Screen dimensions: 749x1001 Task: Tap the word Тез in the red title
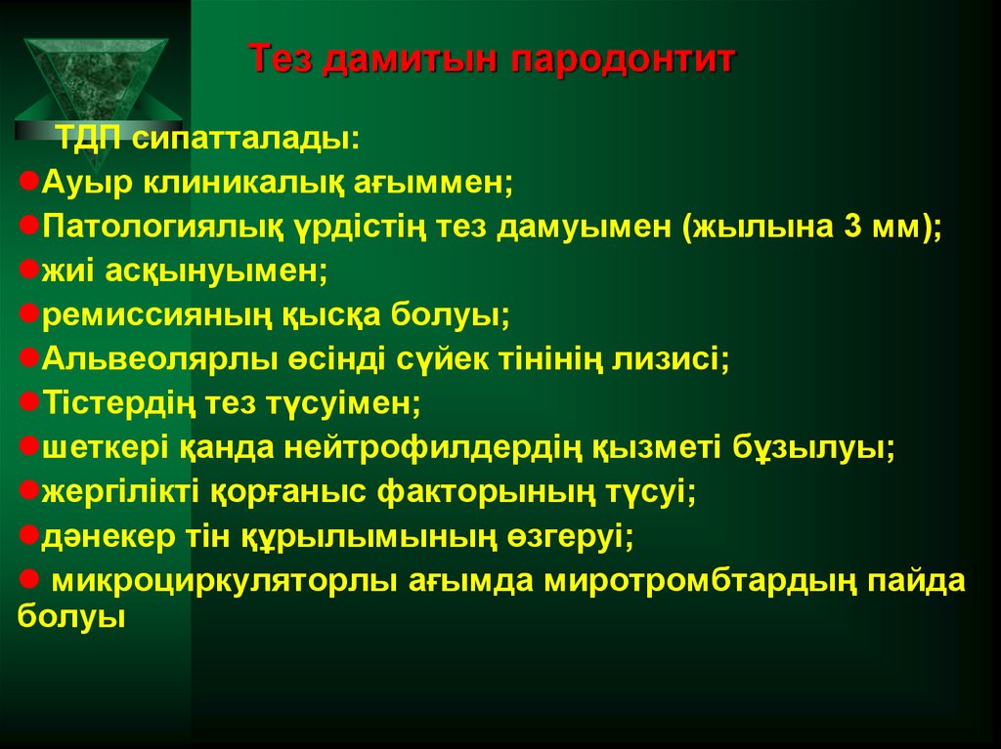(282, 61)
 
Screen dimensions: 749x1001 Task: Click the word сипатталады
(245, 140)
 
